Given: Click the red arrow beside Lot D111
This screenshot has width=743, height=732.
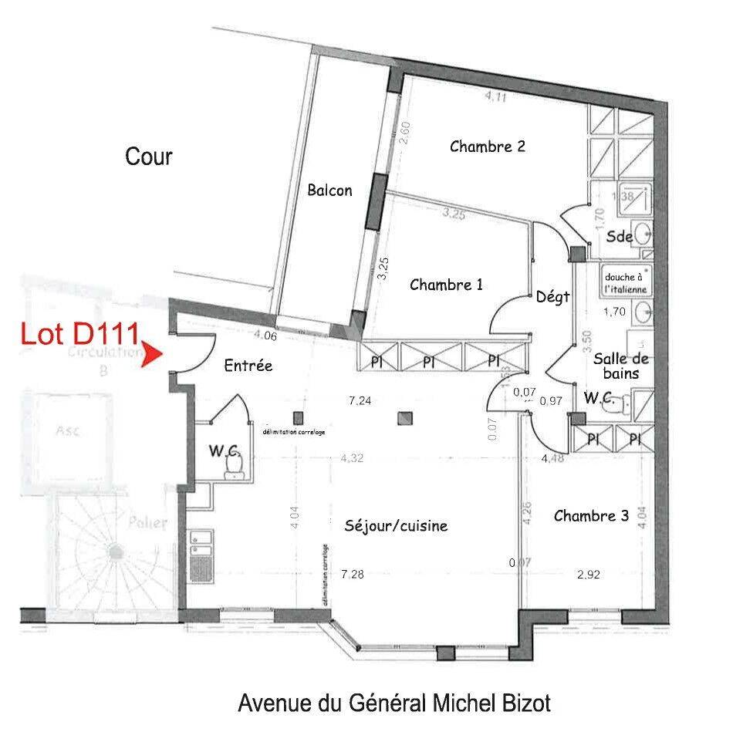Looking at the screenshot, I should coord(153,356).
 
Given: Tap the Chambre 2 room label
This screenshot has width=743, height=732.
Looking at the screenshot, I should coord(488,146).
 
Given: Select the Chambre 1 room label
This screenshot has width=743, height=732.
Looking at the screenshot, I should coord(446,285).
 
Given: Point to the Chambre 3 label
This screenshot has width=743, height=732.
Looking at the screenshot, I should coord(591,515).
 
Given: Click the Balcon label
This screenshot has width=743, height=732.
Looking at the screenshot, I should coord(329,190).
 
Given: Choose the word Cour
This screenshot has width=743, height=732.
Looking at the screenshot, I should coord(149,157).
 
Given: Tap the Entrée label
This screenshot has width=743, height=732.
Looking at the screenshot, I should coord(248,366).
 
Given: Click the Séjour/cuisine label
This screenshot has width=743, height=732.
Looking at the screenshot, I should coord(396,526).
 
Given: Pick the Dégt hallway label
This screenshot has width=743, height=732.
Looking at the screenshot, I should coord(552,296).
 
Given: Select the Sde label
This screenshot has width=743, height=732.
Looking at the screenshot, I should coord(620,237).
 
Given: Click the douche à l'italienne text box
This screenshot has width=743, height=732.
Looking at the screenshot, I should coord(625,282).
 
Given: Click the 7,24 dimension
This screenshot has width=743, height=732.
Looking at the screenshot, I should coord(361,400).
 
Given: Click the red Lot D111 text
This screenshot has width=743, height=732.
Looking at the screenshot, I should coord(79,335).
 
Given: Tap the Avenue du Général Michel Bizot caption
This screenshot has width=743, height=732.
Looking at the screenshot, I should coord(394,703).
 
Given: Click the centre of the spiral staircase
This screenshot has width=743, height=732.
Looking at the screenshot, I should coord(116,552).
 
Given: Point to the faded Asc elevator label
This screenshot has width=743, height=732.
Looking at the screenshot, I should coord(67,432).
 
